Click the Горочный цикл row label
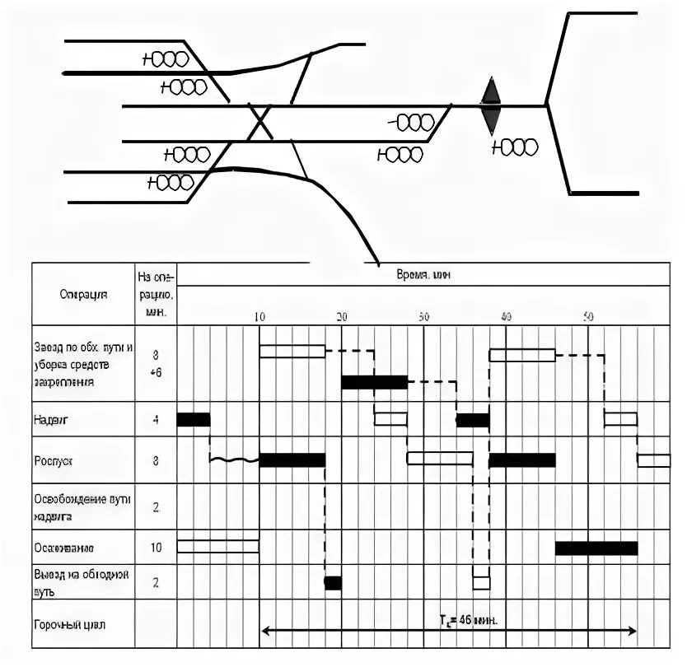(x=70, y=625)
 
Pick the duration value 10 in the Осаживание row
(x=157, y=548)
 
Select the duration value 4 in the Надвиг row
(x=157, y=419)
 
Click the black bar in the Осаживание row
(x=596, y=548)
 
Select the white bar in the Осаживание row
(x=218, y=546)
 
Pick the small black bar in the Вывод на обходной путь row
(x=333, y=583)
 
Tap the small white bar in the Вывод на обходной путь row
(x=481, y=583)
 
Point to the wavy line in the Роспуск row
(x=235, y=459)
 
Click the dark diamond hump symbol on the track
(x=491, y=105)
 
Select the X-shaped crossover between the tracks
(x=261, y=124)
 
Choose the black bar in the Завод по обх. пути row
(x=374, y=382)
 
